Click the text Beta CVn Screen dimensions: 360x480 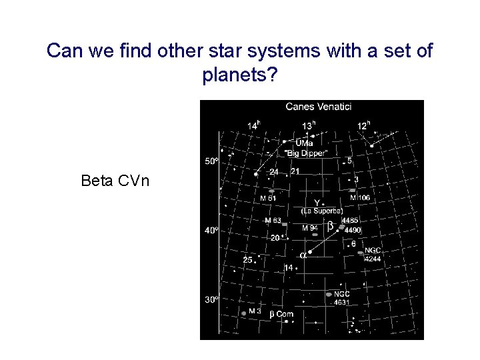(115, 180)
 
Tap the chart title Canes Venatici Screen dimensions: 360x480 (318, 106)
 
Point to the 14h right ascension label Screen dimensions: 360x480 (254, 125)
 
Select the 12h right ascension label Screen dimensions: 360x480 (363, 125)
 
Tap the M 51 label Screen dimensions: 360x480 (268, 198)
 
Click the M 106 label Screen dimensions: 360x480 (360, 198)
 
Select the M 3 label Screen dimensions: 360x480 (255, 311)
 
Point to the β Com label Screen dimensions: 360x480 (281, 313)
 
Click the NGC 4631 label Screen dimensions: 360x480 (341, 298)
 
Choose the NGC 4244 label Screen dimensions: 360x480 (372, 254)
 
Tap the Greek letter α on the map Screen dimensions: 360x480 (303, 255)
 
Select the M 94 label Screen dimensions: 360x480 (310, 228)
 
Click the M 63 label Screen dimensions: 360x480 (273, 220)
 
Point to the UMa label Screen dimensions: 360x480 (305, 143)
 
